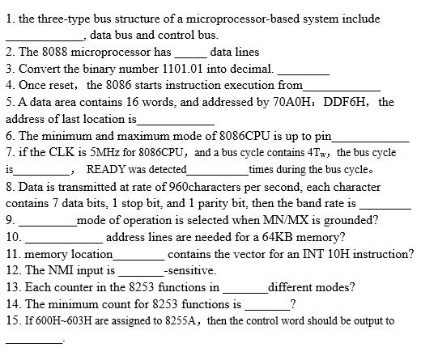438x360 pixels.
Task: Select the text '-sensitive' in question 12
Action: [190, 270]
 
